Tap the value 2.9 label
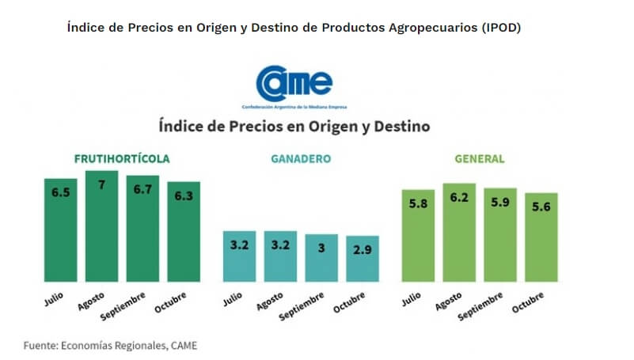(x=363, y=247)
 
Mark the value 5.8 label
(x=418, y=203)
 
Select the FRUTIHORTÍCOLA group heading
(x=122, y=158)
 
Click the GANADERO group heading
(x=301, y=158)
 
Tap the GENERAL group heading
(x=480, y=158)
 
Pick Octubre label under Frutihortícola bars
(x=170, y=304)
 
